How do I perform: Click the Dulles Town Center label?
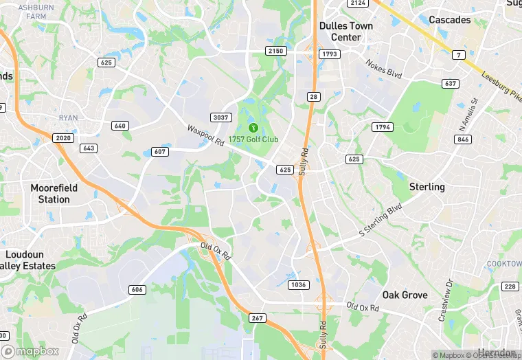click(x=346, y=31)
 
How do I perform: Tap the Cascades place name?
click(x=450, y=20)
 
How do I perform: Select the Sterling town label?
click(x=427, y=187)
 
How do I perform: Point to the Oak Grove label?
click(x=405, y=295)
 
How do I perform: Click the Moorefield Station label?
click(x=54, y=194)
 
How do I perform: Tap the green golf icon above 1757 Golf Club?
click(x=253, y=127)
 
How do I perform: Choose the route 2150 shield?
click(x=276, y=52)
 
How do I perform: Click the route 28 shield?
click(x=313, y=97)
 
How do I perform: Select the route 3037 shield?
click(x=220, y=117)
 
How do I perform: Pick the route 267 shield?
click(x=257, y=318)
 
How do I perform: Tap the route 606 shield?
click(x=137, y=289)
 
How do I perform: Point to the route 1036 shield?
click(x=299, y=284)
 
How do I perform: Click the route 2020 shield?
click(x=63, y=138)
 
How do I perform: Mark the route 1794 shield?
click(x=381, y=127)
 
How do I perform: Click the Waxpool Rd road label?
click(x=205, y=135)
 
